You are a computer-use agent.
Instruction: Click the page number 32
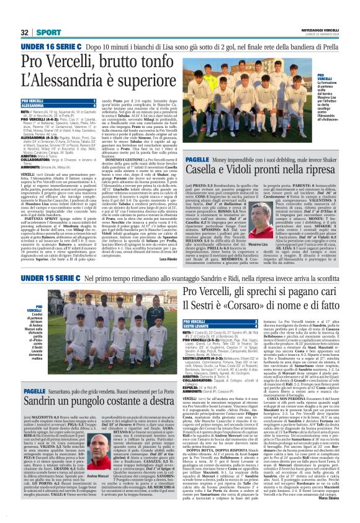[25, 32]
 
